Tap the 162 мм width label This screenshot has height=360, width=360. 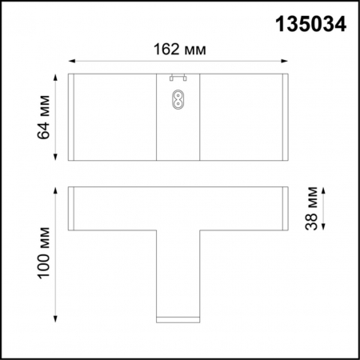pos(178,49)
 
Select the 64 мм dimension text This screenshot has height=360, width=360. pos(45,118)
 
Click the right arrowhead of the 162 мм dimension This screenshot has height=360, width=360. pos(285,60)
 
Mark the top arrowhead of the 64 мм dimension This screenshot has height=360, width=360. pos(56,77)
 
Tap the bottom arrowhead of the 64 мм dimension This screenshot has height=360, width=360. pos(56,159)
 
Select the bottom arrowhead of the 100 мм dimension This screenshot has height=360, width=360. pos(56,321)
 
